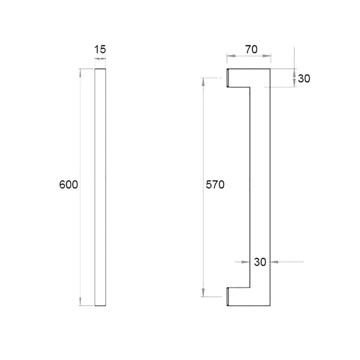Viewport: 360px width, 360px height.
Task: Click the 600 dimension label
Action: [x=68, y=184]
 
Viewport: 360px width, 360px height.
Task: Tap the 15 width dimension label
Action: [x=100, y=49]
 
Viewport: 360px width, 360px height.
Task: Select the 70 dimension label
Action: [x=252, y=49]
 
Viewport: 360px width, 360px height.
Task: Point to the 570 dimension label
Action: [x=215, y=184]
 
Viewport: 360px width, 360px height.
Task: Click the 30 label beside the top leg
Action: [x=304, y=78]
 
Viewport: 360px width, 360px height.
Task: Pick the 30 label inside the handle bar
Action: [x=260, y=262]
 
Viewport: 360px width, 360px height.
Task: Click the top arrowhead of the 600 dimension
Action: [x=80, y=73]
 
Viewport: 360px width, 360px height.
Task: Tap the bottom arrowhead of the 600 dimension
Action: [x=80, y=301]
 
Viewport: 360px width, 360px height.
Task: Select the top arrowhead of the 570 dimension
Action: [x=203, y=82]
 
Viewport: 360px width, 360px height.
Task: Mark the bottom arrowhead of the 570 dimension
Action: [x=203, y=292]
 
